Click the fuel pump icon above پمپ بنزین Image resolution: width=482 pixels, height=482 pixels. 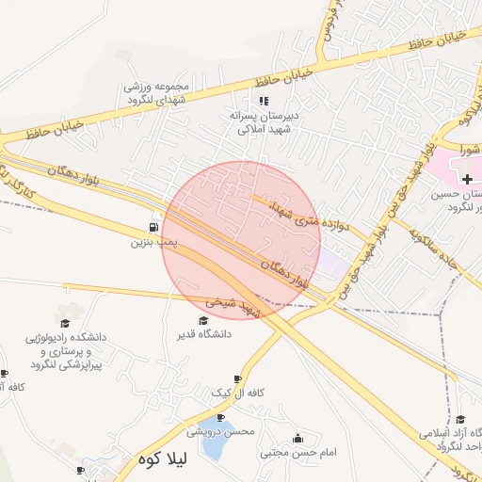pyautogui.click(x=153, y=228)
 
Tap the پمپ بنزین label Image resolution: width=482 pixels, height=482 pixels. pyautogui.click(x=153, y=243)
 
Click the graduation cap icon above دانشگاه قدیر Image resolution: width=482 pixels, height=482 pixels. pyautogui.click(x=203, y=320)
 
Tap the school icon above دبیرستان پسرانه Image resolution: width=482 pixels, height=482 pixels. pyautogui.click(x=264, y=101)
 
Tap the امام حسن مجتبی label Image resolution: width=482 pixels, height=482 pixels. pyautogui.click(x=298, y=453)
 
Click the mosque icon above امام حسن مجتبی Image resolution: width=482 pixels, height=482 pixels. pyautogui.click(x=299, y=439)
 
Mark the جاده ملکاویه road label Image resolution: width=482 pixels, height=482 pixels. pyautogui.click(x=433, y=247)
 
